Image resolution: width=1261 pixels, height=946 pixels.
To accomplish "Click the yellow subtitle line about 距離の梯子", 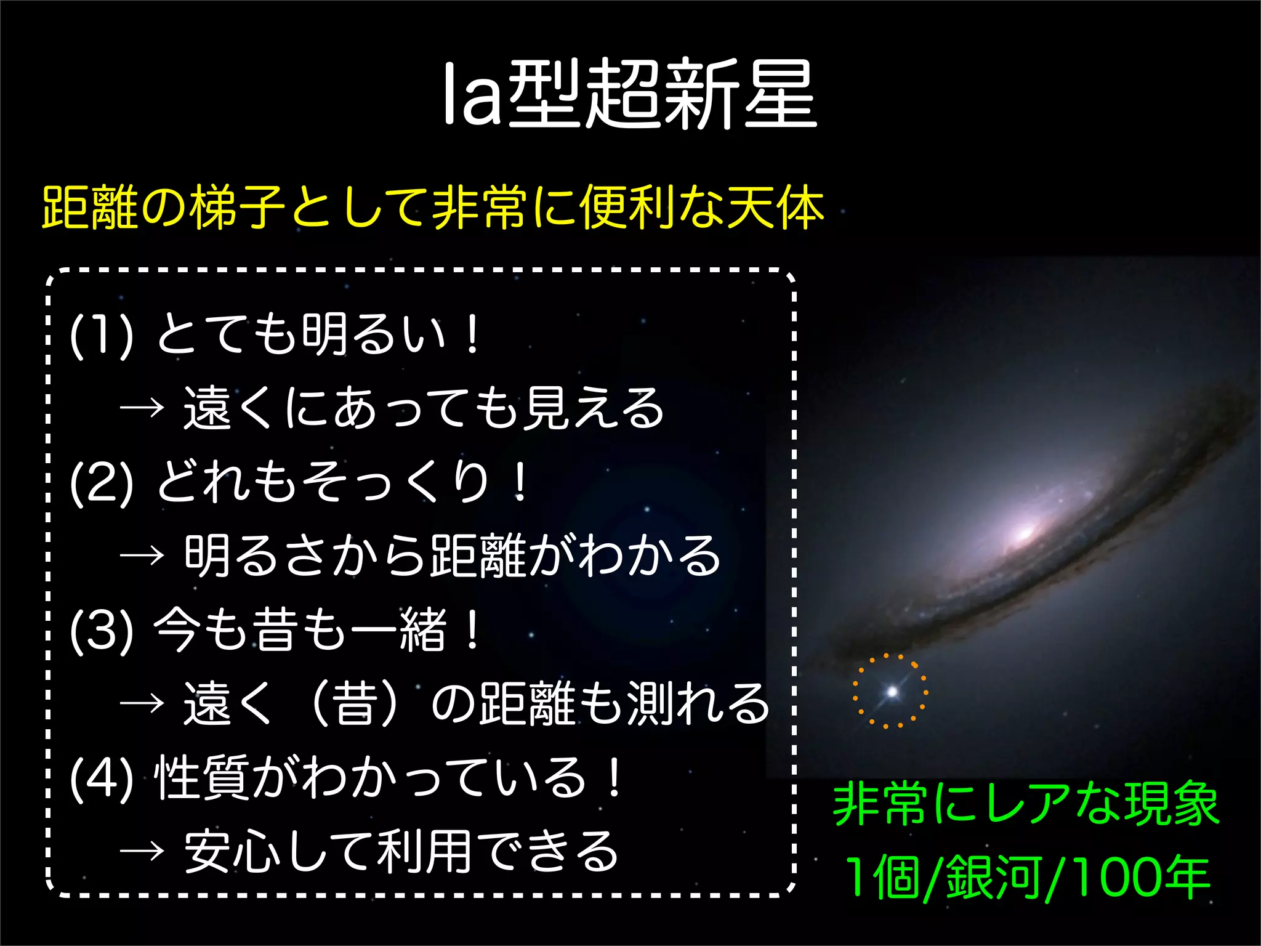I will tap(432, 208).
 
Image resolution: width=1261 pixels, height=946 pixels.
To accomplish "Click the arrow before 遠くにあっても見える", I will tap(142, 408).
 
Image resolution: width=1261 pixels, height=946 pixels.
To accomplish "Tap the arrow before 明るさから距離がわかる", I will tap(142, 556).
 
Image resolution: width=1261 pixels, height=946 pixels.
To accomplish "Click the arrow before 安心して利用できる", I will tap(142, 851).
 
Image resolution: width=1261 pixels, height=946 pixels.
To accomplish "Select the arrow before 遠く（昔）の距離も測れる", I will tap(142, 703).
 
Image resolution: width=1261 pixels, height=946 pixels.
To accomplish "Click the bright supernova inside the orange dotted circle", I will tap(891, 692).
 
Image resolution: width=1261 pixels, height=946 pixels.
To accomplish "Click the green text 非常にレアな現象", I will tap(1025, 804).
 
